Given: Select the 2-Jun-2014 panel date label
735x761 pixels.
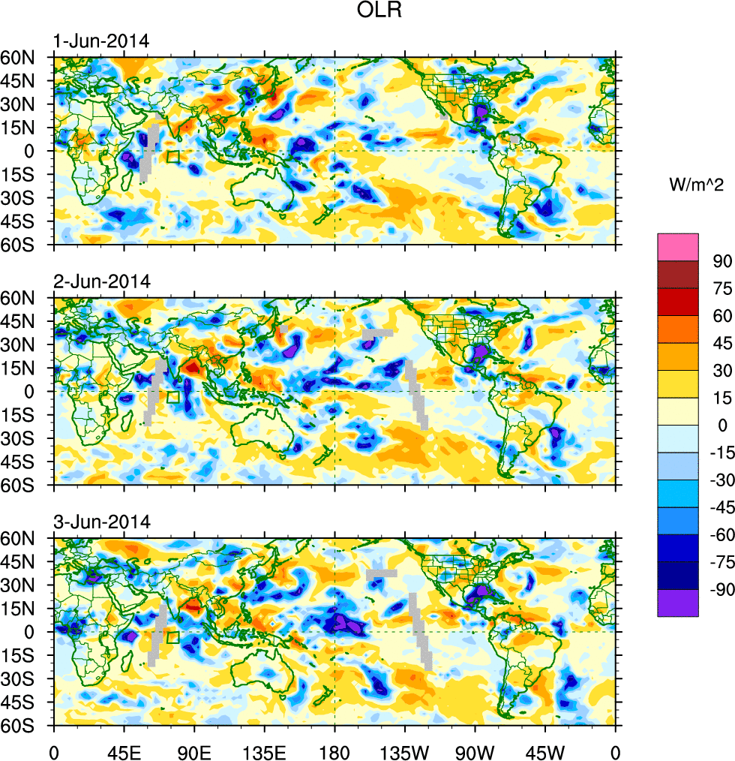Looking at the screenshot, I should point(102,281).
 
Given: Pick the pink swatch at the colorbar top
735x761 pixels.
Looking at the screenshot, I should point(678,247).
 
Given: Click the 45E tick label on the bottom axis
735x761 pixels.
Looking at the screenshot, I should point(124,751).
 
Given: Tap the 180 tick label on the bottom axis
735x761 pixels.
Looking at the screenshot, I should point(334,751).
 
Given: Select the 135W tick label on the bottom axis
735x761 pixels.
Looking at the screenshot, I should point(405,751).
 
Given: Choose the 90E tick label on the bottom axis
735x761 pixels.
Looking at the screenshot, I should point(194,751).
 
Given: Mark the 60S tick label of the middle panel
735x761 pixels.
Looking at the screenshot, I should point(34,485).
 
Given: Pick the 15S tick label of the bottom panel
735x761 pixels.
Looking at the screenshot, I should point(34,655).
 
